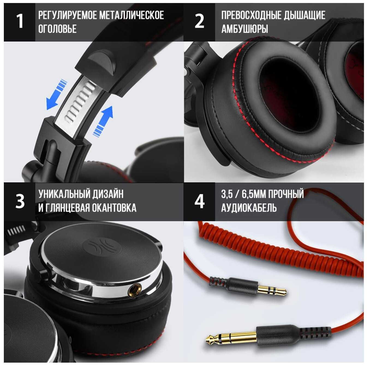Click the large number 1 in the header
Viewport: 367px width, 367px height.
click(20, 21)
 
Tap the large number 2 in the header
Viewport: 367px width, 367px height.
click(199, 21)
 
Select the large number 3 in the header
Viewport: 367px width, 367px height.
click(20, 201)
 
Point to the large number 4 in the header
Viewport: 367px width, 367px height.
click(199, 201)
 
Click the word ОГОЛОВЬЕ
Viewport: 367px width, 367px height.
click(57, 29)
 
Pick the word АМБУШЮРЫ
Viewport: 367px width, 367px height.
click(245, 29)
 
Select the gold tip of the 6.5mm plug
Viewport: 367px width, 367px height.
click(231, 339)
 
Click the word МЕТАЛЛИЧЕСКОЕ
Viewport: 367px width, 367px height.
click(132, 15)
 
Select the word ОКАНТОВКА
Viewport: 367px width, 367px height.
click(114, 208)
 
